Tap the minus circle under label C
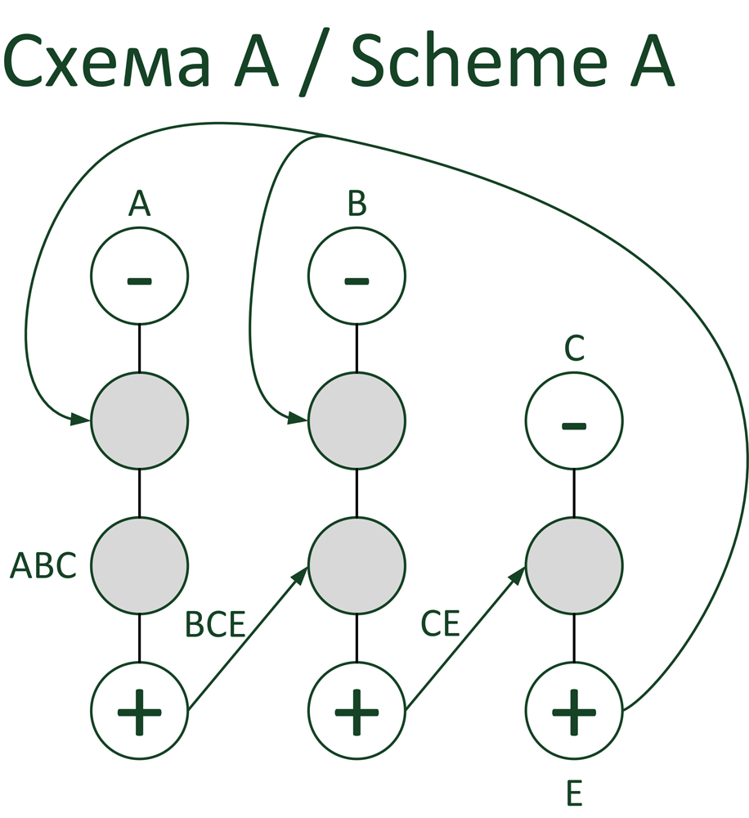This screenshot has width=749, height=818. (573, 421)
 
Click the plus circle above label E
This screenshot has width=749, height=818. (573, 710)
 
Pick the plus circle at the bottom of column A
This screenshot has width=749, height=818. (139, 710)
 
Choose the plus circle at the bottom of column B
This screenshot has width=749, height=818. (357, 710)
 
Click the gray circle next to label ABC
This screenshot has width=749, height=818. (139, 565)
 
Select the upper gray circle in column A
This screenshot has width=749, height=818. (139, 421)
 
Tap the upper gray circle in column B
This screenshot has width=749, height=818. (357, 421)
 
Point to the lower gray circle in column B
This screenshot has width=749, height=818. (357, 565)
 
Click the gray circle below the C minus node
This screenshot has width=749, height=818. (573, 565)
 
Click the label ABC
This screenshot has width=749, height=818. (43, 566)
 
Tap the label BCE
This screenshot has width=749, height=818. (215, 624)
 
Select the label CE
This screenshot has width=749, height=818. (442, 624)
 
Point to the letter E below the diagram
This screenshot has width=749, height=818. (574, 793)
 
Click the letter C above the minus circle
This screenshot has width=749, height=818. (574, 349)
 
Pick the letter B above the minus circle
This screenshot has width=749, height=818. (357, 204)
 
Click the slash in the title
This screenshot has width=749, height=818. (314, 63)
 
